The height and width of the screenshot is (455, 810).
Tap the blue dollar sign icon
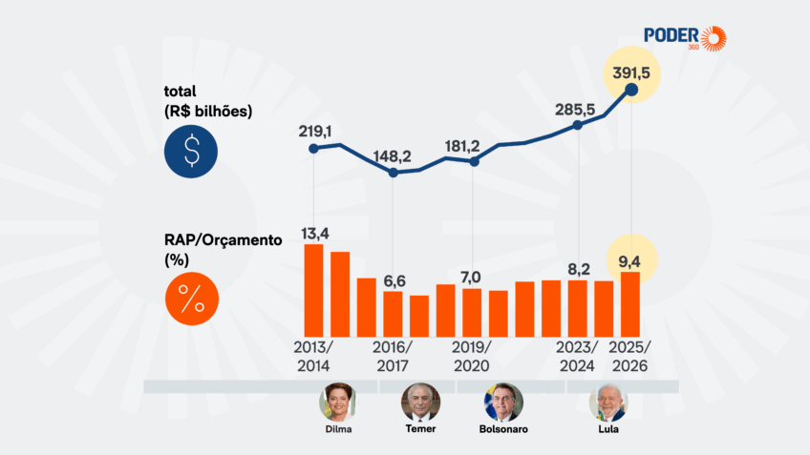(x=192, y=151)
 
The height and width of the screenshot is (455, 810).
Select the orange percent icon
(x=192, y=299)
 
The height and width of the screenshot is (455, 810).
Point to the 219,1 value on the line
(x=314, y=131)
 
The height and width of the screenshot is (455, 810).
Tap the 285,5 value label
(x=576, y=109)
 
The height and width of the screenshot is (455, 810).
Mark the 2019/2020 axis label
(x=472, y=356)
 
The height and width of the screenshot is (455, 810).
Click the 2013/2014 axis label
(x=313, y=356)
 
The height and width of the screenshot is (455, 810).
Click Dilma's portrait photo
(x=337, y=403)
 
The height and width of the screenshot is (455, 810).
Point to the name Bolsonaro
(x=502, y=429)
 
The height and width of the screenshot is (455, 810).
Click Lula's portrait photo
(x=607, y=403)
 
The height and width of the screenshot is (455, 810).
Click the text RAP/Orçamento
(x=223, y=240)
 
